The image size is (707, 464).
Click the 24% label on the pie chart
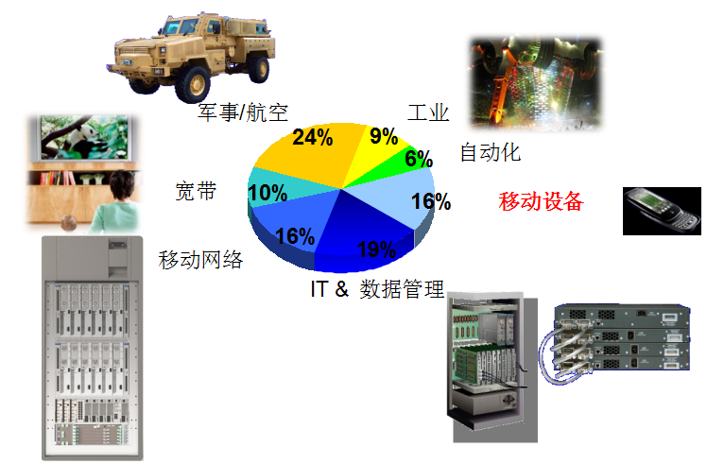313,137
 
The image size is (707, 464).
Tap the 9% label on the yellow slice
384,136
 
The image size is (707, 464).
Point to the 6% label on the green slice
419,158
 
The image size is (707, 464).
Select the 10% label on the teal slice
267,193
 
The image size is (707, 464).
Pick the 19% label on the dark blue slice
376,249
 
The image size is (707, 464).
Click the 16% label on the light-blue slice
431,201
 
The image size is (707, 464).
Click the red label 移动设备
541,201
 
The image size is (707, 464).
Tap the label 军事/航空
243,112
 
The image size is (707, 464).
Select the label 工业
428,112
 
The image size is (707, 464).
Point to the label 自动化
491,152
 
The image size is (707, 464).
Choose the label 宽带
196,191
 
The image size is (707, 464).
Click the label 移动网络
200,260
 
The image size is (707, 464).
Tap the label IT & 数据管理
377,289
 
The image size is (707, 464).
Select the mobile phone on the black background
662,211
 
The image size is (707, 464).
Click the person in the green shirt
117,202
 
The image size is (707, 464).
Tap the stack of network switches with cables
615,343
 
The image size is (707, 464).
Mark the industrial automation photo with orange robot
535,82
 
